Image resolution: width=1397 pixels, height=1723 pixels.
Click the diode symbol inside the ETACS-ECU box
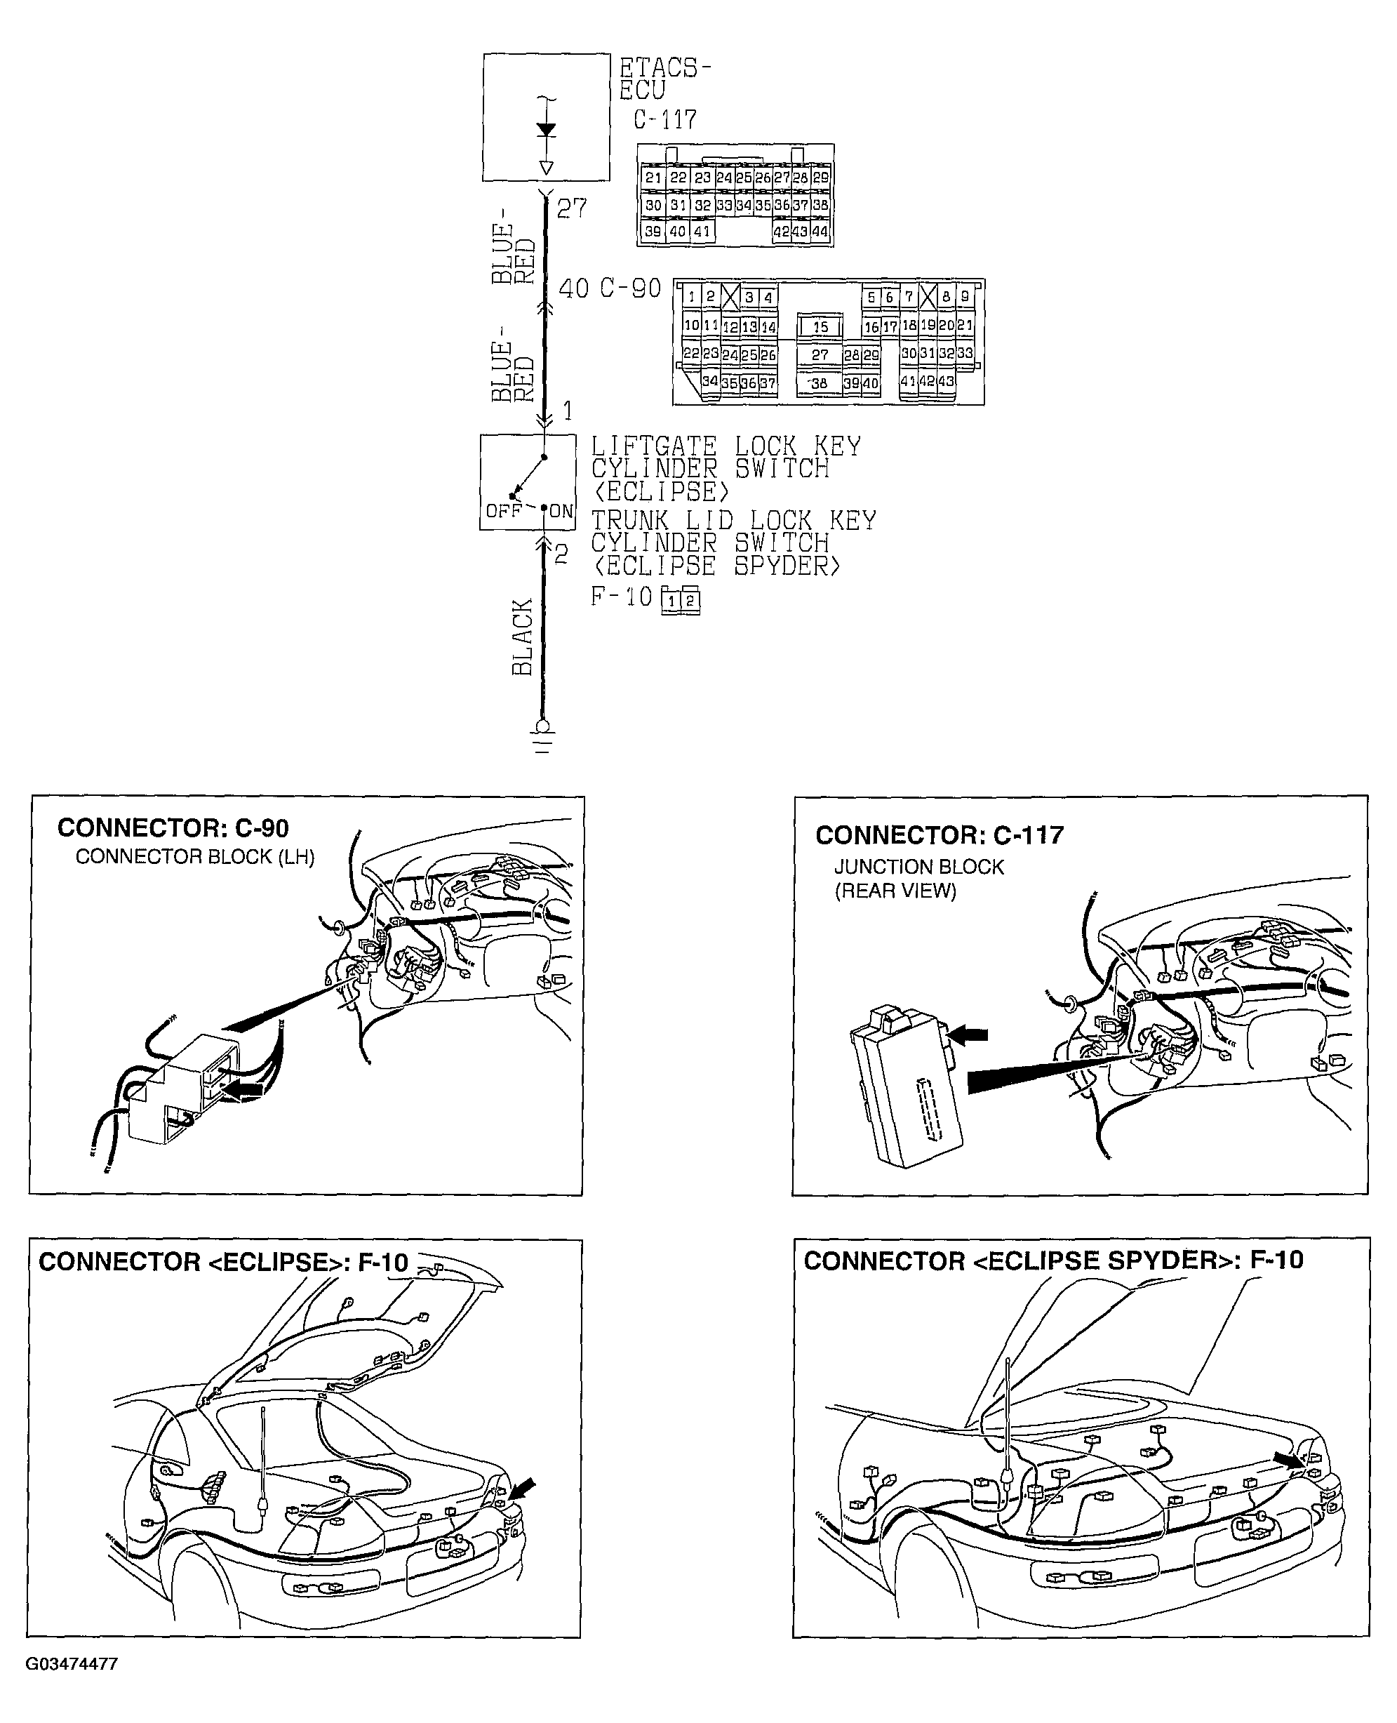click(546, 131)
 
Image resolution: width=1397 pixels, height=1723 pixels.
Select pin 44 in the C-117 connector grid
click(820, 232)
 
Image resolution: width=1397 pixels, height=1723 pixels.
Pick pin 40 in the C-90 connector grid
click(871, 384)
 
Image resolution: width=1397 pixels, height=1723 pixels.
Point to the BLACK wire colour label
click(523, 637)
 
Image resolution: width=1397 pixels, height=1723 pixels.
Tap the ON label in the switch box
click(562, 512)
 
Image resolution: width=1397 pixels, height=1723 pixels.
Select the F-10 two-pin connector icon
click(681, 600)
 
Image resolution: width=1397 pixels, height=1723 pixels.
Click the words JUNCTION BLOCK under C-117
click(919, 867)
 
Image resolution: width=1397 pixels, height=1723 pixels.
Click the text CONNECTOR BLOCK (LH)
click(195, 857)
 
